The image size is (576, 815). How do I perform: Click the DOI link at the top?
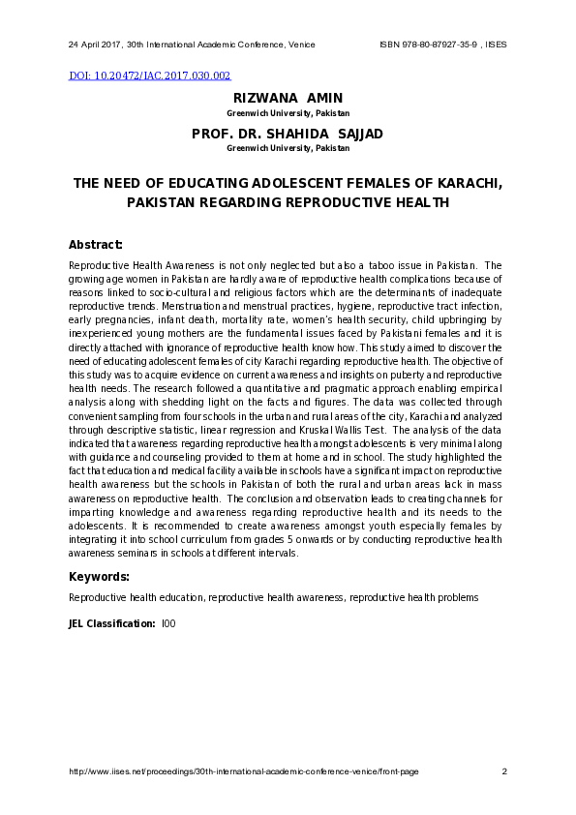coord(150,75)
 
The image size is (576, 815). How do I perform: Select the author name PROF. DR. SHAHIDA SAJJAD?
coord(288,134)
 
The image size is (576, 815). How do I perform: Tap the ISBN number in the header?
coord(429,45)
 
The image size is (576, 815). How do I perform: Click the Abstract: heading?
coord(96,245)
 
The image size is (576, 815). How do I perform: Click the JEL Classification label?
coord(111,624)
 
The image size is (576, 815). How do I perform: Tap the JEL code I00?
coord(168,624)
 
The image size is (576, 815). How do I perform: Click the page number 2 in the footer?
coord(504,771)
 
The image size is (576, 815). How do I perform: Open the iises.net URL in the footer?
coord(244,771)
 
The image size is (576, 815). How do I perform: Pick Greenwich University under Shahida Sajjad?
coord(288,149)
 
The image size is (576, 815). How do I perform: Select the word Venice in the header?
coord(301,45)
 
